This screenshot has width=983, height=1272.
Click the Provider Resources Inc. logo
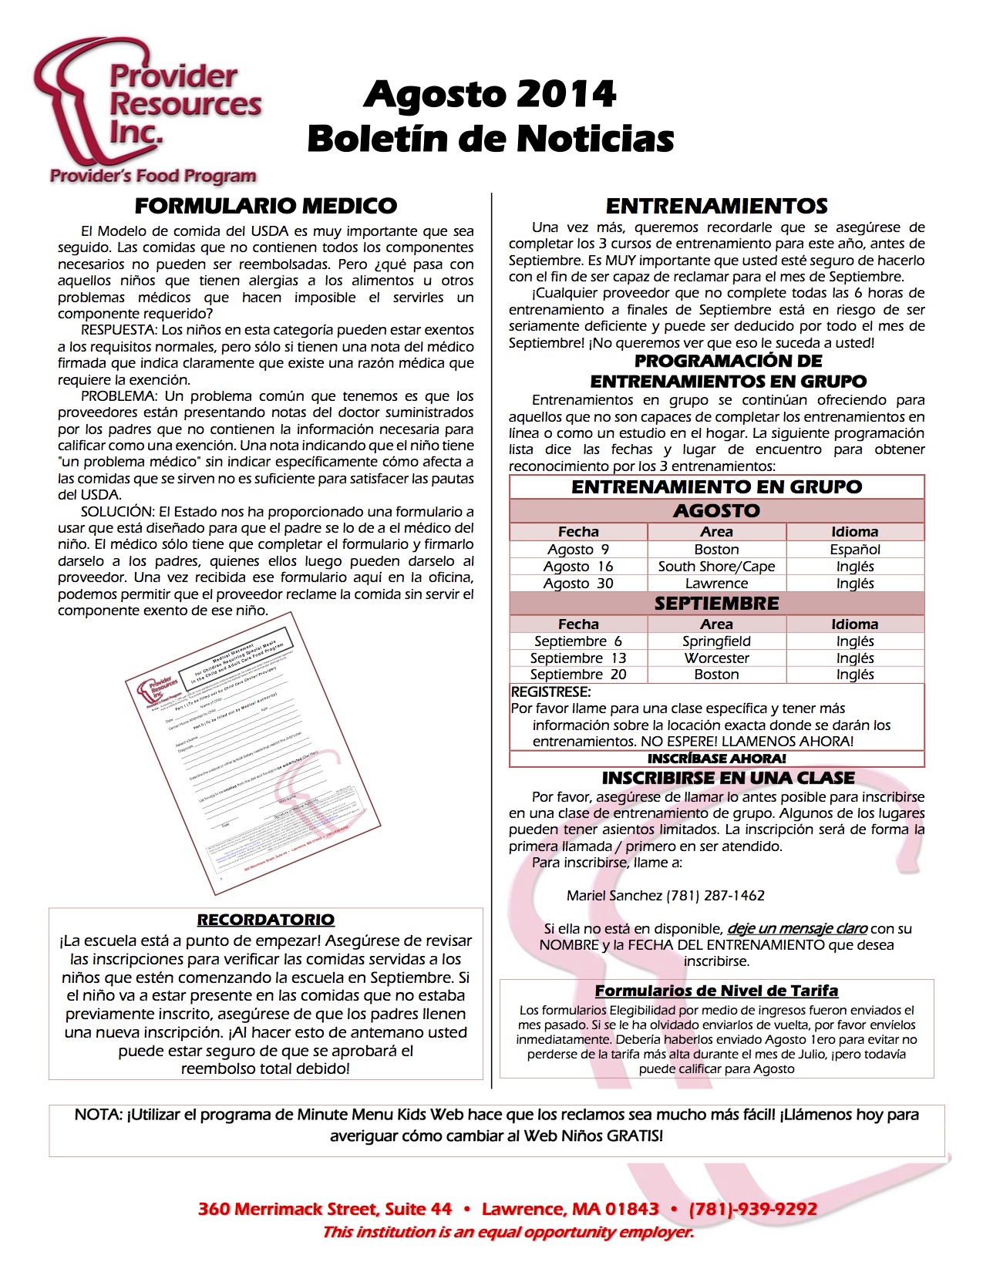146,112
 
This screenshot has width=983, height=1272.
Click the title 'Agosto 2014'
490,95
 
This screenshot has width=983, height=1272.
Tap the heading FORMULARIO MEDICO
265,206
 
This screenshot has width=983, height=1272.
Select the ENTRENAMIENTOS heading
716,206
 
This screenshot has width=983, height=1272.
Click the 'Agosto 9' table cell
578,550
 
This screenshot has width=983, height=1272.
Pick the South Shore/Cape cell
716,567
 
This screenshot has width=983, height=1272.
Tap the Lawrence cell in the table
716,584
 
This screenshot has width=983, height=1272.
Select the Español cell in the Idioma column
855,550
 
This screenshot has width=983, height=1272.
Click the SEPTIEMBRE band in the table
716,604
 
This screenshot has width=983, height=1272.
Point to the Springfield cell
716,641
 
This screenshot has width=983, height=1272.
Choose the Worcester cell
716,658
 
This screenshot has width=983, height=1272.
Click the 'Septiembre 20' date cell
578,675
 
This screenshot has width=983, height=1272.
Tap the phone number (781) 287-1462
715,896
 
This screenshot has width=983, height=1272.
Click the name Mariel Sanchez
614,896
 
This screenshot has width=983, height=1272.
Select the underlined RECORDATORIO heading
265,920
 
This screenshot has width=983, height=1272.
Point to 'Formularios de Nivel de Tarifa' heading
716,991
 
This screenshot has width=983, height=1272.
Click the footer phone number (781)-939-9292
752,1209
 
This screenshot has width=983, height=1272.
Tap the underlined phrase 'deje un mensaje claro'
797,929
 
